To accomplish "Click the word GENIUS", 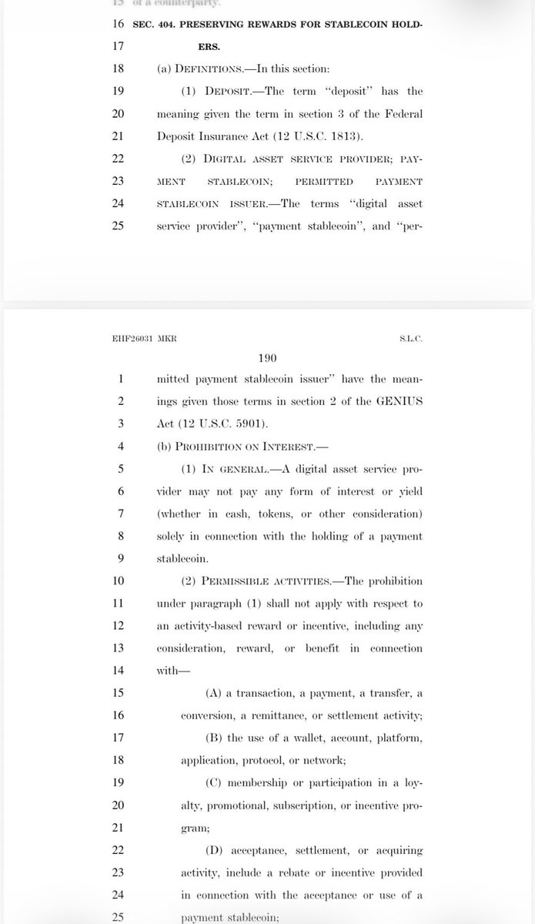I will tap(401, 402).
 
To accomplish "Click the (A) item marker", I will tap(215, 692).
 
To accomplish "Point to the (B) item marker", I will tap(215, 737).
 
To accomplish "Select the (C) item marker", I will tap(215, 782).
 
